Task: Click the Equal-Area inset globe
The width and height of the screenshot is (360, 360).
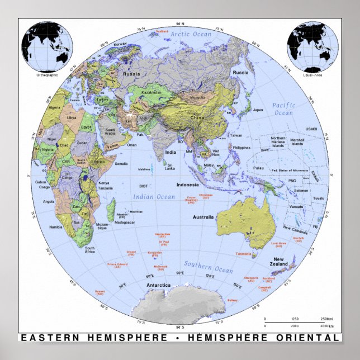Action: [313, 45]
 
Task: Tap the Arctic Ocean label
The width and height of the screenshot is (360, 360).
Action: [191, 35]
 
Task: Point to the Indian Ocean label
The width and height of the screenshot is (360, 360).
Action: [154, 196]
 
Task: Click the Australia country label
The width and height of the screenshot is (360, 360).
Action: [203, 217]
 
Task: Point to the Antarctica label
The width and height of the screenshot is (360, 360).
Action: [158, 285]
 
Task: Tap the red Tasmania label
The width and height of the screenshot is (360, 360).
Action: [244, 254]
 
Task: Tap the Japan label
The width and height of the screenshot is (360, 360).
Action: [258, 110]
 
